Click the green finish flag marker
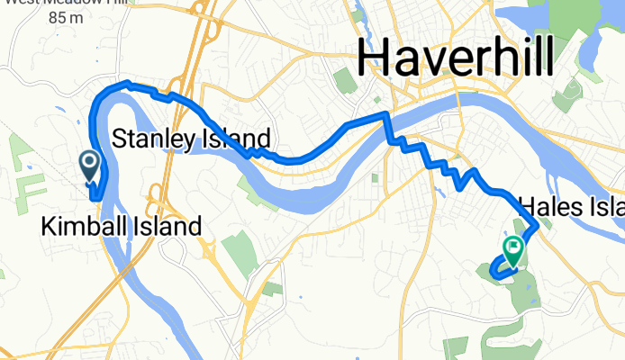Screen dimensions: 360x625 click(x=514, y=249)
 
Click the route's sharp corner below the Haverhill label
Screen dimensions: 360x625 click(x=386, y=114)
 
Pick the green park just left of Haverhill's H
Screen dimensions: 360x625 click(x=346, y=80)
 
